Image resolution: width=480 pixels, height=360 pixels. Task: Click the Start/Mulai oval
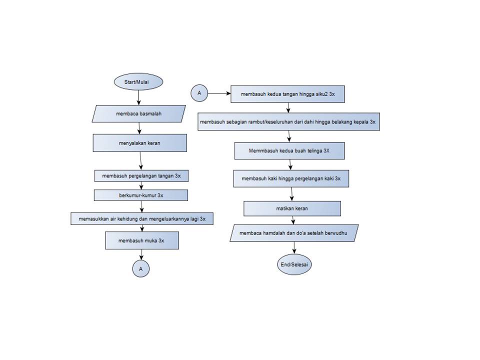point(138,81)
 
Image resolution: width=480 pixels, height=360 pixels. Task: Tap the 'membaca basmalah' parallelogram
point(139,113)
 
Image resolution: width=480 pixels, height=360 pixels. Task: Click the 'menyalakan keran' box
point(139,142)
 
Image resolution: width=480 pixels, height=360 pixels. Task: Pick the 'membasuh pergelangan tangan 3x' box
point(141,176)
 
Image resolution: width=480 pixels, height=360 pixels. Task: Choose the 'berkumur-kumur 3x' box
point(141,195)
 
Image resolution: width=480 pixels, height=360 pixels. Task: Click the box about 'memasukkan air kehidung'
point(142,218)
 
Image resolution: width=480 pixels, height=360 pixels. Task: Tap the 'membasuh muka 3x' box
point(141,240)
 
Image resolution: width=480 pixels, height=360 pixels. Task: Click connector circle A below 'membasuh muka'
point(141,268)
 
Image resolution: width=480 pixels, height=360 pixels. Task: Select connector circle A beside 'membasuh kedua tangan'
point(199,93)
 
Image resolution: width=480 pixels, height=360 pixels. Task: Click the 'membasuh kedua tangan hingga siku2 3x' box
point(287,93)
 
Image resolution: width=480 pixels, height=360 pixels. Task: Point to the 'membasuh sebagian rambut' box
point(288,121)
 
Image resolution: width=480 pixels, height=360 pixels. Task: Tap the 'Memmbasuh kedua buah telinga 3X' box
point(289,150)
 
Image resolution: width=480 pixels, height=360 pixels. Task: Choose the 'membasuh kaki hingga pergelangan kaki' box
point(290,178)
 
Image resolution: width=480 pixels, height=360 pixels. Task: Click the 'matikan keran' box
point(292,208)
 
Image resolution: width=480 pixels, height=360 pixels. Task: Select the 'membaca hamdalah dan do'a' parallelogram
point(294,233)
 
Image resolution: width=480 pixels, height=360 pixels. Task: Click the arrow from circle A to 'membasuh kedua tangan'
point(219,93)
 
